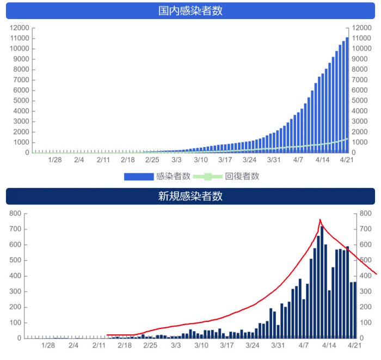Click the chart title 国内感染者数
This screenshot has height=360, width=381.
(x=190, y=11)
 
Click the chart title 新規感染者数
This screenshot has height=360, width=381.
(x=190, y=196)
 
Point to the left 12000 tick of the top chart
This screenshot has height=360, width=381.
(x=19, y=28)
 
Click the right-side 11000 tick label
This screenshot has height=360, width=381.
(x=361, y=38)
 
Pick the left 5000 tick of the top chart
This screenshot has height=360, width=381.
(x=21, y=101)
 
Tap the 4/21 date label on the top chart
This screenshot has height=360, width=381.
(x=347, y=160)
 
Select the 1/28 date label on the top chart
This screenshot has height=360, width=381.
(x=55, y=160)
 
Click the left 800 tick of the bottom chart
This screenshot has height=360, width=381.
(x=15, y=213)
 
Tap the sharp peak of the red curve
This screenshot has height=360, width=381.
(x=320, y=220)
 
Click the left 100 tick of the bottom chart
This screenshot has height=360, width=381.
(x=15, y=322)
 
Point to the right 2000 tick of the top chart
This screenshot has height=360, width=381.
(x=361, y=132)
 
